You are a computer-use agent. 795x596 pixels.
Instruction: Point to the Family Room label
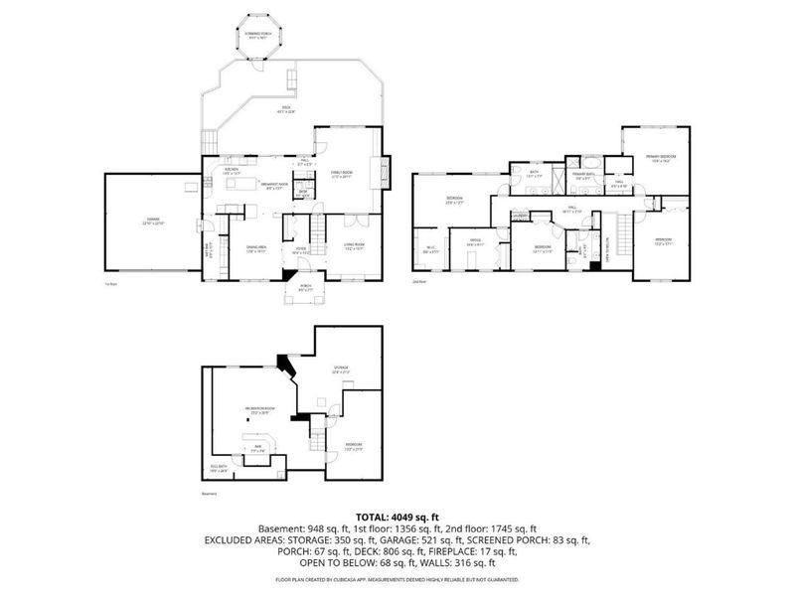click(x=343, y=174)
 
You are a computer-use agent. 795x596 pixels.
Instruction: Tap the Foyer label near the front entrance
click(x=299, y=250)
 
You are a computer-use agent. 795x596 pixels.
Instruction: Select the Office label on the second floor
click(x=475, y=241)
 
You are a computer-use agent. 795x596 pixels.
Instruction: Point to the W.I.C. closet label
click(x=430, y=250)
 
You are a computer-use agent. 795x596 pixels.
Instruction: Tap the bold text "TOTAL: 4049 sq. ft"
click(x=397, y=516)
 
